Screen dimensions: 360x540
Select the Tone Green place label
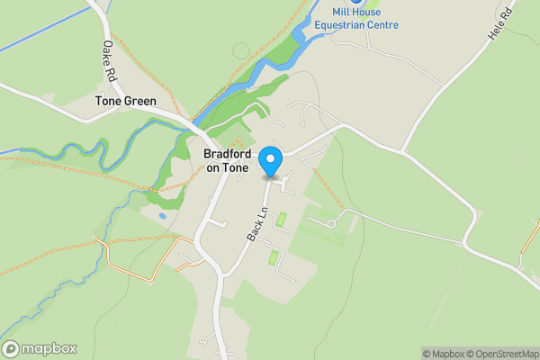point(126,102)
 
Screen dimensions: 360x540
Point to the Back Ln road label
point(258,223)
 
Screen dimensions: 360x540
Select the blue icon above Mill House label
point(356,2)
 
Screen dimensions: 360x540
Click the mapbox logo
point(40,348)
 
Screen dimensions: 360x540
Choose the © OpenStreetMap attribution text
point(504,354)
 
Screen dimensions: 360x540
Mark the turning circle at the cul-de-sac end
point(331,222)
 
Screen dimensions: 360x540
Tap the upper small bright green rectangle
point(282,219)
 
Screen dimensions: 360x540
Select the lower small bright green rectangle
point(274,258)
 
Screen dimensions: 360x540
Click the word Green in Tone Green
point(140,102)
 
